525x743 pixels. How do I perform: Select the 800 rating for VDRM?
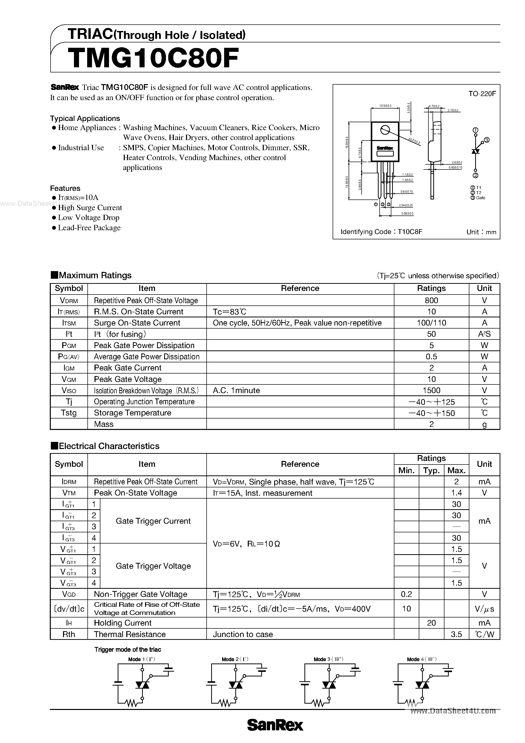click(x=431, y=300)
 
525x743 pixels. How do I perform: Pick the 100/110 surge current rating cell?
click(x=431, y=323)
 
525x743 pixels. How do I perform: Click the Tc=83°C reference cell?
click(x=229, y=312)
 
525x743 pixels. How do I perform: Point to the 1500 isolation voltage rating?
click(x=431, y=390)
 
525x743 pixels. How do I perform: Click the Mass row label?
click(x=104, y=424)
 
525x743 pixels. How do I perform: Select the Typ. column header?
click(x=431, y=470)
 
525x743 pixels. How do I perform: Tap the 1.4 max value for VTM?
click(x=456, y=493)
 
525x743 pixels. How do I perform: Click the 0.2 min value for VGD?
click(x=406, y=594)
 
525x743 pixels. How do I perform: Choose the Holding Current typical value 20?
click(x=431, y=623)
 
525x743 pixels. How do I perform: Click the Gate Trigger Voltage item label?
click(x=153, y=566)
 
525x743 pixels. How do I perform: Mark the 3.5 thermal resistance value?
click(x=456, y=634)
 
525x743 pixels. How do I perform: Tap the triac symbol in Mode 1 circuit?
click(x=142, y=685)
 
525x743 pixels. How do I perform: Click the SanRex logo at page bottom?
click(x=275, y=725)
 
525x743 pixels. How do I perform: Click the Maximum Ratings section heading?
click(x=95, y=275)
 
